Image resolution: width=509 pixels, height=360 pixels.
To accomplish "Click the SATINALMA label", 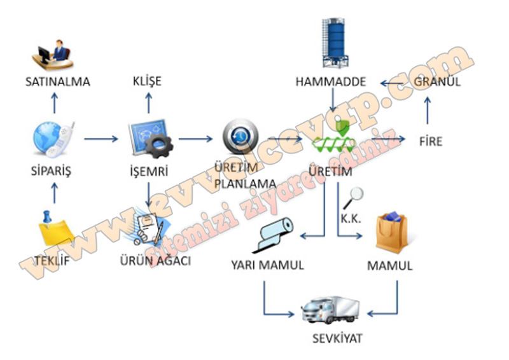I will pyautogui.click(x=58, y=82).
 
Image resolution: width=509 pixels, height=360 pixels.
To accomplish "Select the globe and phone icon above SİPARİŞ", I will pyautogui.click(x=54, y=139).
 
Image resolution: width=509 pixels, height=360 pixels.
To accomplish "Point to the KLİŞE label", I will pyautogui.click(x=147, y=81).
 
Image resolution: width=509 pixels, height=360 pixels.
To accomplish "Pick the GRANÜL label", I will pyautogui.click(x=436, y=82).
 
